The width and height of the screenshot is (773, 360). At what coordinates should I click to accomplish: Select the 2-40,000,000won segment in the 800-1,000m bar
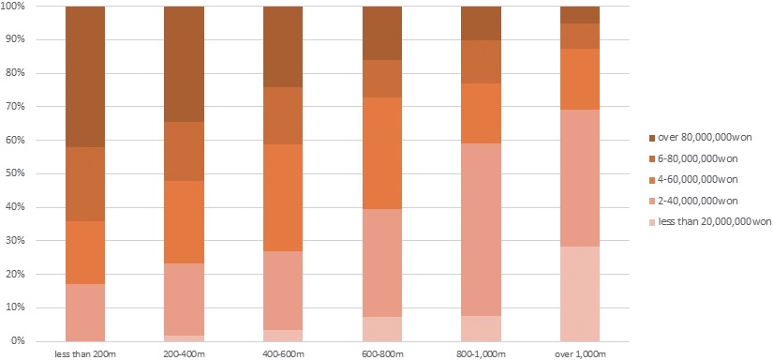pos(481,229)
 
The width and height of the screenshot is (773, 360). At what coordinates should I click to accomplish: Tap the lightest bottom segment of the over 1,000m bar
pos(580,293)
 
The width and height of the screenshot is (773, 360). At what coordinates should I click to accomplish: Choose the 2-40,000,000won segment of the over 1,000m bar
pos(580,178)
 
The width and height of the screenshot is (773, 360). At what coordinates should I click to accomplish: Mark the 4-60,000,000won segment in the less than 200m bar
pos(85,252)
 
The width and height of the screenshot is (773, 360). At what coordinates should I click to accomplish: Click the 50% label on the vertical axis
pos(17,173)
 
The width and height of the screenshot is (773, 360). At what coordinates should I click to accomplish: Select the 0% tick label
pos(20,341)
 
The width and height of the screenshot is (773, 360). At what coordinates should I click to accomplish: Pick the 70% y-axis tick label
pos(17,107)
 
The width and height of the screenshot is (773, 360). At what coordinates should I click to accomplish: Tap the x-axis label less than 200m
pos(85,352)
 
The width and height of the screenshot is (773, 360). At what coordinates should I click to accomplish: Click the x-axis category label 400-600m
pos(283,352)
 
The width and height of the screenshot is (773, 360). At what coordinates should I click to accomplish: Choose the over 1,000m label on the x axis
pos(580,352)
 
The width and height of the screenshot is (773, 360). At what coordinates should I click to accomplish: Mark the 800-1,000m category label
pos(481,352)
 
